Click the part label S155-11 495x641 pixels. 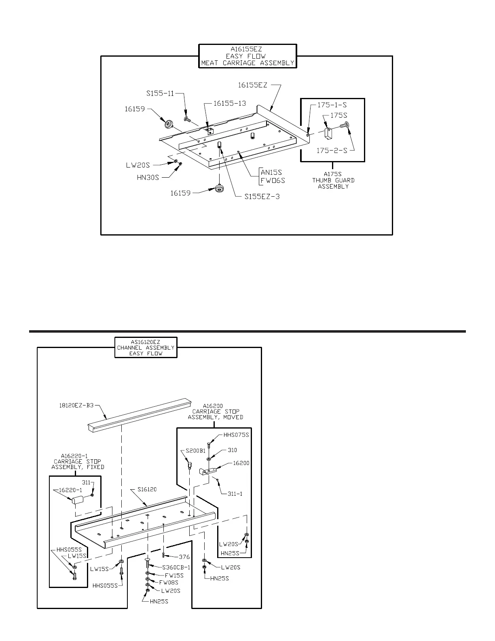coord(160,93)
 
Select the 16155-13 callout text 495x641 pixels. coord(230,103)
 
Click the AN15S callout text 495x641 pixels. coord(271,173)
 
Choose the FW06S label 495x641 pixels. coord(273,180)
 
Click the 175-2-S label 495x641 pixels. coord(332,151)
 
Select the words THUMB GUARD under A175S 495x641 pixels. coord(333,180)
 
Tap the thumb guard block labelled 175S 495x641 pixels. coord(328,132)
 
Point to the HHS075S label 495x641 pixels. coord(236,435)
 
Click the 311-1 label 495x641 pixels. coord(234,494)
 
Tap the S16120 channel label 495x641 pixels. coord(147,490)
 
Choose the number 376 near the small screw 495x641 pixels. coord(184,557)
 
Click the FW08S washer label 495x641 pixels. coord(169,582)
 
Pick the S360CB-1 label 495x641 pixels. coord(176,567)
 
